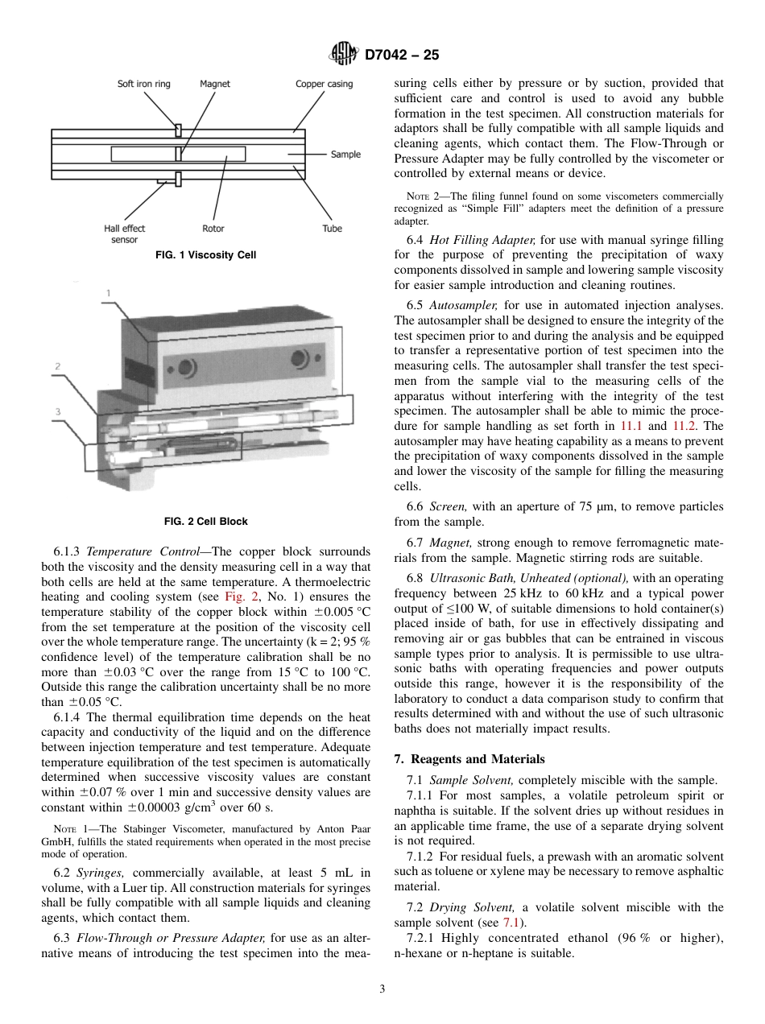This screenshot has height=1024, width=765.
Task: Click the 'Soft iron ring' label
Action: tap(144, 84)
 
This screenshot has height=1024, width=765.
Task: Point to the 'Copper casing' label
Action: tap(324, 84)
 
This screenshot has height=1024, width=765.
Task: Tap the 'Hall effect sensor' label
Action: tap(125, 233)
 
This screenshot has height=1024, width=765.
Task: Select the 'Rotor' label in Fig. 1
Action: tap(213, 229)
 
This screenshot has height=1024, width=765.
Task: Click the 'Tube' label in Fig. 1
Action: tap(332, 229)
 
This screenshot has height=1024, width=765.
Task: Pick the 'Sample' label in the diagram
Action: tap(345, 155)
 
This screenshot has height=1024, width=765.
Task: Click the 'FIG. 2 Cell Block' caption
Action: tap(205, 521)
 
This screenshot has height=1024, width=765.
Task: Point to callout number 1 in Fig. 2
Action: tap(109, 293)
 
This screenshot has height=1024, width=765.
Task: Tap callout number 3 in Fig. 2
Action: tap(58, 412)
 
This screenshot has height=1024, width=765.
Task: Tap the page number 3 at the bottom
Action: tap(382, 989)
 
